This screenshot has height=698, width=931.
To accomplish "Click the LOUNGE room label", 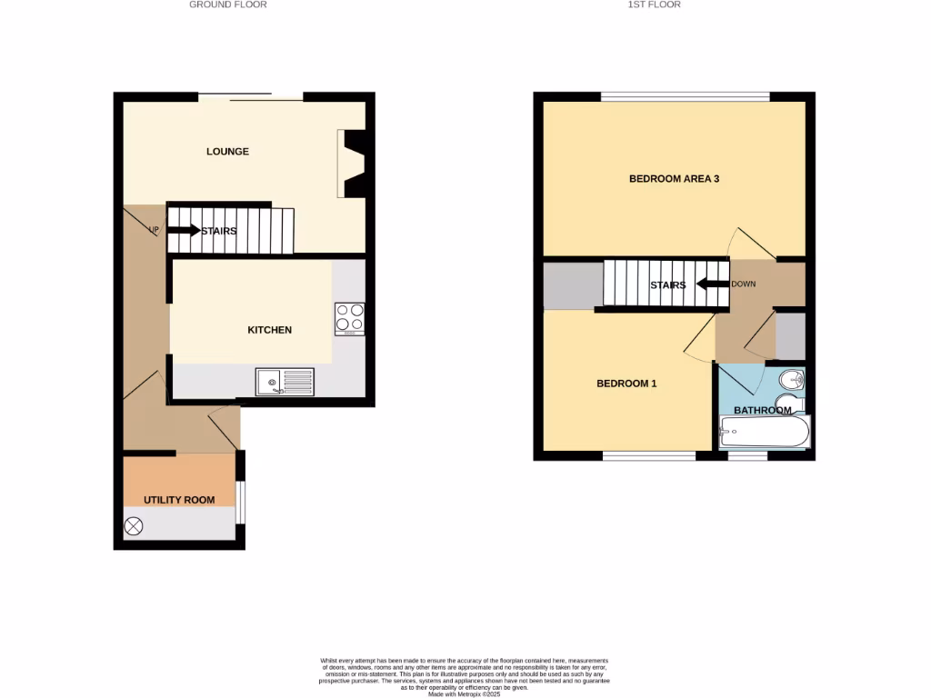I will (x=227, y=152).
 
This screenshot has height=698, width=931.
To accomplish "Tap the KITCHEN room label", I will (x=270, y=330).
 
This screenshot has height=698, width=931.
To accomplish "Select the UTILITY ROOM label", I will (x=180, y=500).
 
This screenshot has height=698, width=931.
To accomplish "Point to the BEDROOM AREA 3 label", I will (x=674, y=179).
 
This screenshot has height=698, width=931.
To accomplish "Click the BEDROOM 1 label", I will (x=626, y=384).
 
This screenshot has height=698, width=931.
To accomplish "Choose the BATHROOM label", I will (x=763, y=411).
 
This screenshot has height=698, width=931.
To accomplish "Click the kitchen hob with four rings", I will (x=350, y=317).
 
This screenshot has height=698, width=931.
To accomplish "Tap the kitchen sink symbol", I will (x=285, y=382).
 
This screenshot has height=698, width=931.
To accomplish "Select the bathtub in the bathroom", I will (x=763, y=433).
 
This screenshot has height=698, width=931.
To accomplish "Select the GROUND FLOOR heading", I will (x=227, y=5).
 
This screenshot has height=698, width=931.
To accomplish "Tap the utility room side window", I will (x=240, y=502).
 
